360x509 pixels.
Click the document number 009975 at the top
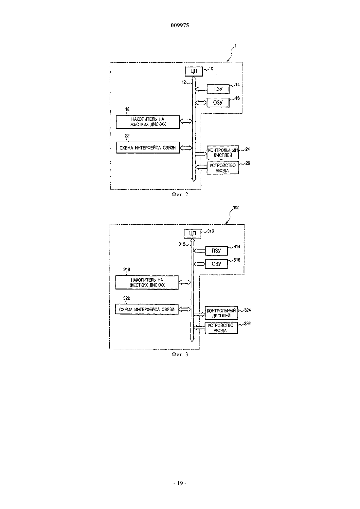(180, 25)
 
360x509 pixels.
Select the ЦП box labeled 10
(194, 71)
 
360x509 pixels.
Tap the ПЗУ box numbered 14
(218, 89)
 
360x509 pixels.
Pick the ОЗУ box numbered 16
(218, 102)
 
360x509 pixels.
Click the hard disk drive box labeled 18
(148, 122)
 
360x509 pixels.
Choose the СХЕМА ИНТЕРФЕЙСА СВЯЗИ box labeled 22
(148, 148)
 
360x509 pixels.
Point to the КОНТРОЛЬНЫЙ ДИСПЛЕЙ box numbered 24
(223, 152)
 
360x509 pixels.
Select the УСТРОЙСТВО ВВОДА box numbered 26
(223, 168)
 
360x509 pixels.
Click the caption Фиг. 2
(180, 195)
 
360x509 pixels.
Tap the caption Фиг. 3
(180, 355)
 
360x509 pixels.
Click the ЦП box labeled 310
(192, 233)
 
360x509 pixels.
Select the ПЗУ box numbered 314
(216, 251)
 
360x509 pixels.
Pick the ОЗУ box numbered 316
(216, 264)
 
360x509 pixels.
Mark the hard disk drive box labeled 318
(147, 282)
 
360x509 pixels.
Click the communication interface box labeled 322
(147, 309)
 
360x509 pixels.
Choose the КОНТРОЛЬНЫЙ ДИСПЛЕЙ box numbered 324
(222, 313)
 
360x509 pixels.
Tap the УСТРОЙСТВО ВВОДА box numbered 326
(222, 328)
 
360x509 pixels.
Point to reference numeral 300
(236, 208)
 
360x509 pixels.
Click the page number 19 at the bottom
(180, 483)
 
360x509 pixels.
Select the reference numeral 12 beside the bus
(184, 82)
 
